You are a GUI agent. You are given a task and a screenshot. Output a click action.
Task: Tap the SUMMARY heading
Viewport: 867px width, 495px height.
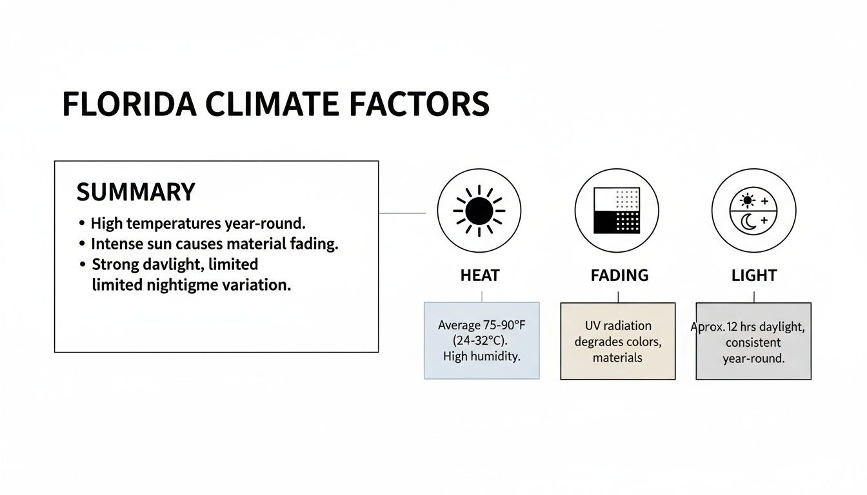tap(135, 192)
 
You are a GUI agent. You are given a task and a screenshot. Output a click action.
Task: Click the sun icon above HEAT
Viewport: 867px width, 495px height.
tap(479, 211)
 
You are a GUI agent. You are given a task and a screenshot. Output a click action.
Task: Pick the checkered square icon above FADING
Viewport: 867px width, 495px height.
tap(616, 211)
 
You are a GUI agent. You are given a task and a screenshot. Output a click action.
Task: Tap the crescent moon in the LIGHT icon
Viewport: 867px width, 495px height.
tap(748, 222)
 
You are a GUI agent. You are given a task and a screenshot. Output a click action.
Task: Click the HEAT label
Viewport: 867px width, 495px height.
tap(479, 276)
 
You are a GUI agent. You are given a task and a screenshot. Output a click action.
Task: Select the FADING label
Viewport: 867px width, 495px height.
tap(619, 276)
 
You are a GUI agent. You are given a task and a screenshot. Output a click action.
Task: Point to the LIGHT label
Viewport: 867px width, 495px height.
tap(753, 276)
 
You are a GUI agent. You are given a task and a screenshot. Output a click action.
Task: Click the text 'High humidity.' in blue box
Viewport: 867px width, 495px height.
tap(481, 356)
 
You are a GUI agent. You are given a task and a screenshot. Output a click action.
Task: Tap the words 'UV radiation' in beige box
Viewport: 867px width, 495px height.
tap(618, 325)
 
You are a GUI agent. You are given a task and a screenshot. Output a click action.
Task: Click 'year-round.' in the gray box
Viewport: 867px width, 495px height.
tap(753, 358)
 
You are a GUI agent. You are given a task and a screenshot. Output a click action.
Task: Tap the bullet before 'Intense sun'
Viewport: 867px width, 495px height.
tap(82, 244)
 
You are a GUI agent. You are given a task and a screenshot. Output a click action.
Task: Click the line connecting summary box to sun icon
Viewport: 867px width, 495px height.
tap(402, 213)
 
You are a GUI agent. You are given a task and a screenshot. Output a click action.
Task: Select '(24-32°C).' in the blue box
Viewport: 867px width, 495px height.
tap(481, 341)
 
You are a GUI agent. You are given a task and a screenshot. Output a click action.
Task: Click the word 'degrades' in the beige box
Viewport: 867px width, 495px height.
tap(599, 342)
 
